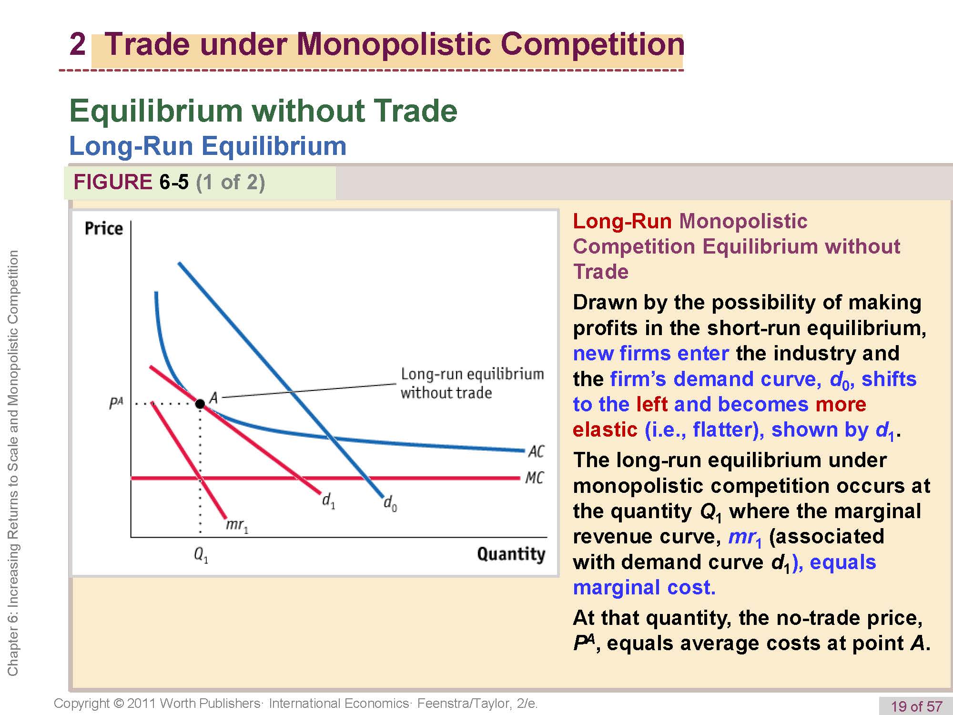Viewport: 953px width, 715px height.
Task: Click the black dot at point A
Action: click(200, 404)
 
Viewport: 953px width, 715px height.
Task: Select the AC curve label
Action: click(536, 451)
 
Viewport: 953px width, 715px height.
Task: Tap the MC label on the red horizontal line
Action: click(535, 478)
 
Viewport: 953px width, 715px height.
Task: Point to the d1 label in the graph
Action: click(329, 500)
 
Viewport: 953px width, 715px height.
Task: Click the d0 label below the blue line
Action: click(390, 503)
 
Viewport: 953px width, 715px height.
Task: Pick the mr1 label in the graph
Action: click(237, 525)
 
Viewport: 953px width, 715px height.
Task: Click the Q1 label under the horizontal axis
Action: click(201, 554)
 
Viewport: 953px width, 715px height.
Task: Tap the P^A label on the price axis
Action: click(116, 404)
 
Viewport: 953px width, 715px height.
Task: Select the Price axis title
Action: click(103, 228)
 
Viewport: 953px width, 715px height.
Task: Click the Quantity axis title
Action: click(511, 554)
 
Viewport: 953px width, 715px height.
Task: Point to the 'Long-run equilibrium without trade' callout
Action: click(472, 383)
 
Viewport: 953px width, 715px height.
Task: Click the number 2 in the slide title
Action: click(77, 44)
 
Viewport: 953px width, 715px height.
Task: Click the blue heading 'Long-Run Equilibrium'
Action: click(208, 146)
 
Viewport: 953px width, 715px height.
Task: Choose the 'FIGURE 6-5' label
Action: click(131, 182)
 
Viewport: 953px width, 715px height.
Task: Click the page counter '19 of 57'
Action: click(917, 706)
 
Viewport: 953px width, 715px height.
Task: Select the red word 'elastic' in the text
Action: click(605, 429)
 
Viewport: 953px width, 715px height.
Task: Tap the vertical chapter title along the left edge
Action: click(13, 463)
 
